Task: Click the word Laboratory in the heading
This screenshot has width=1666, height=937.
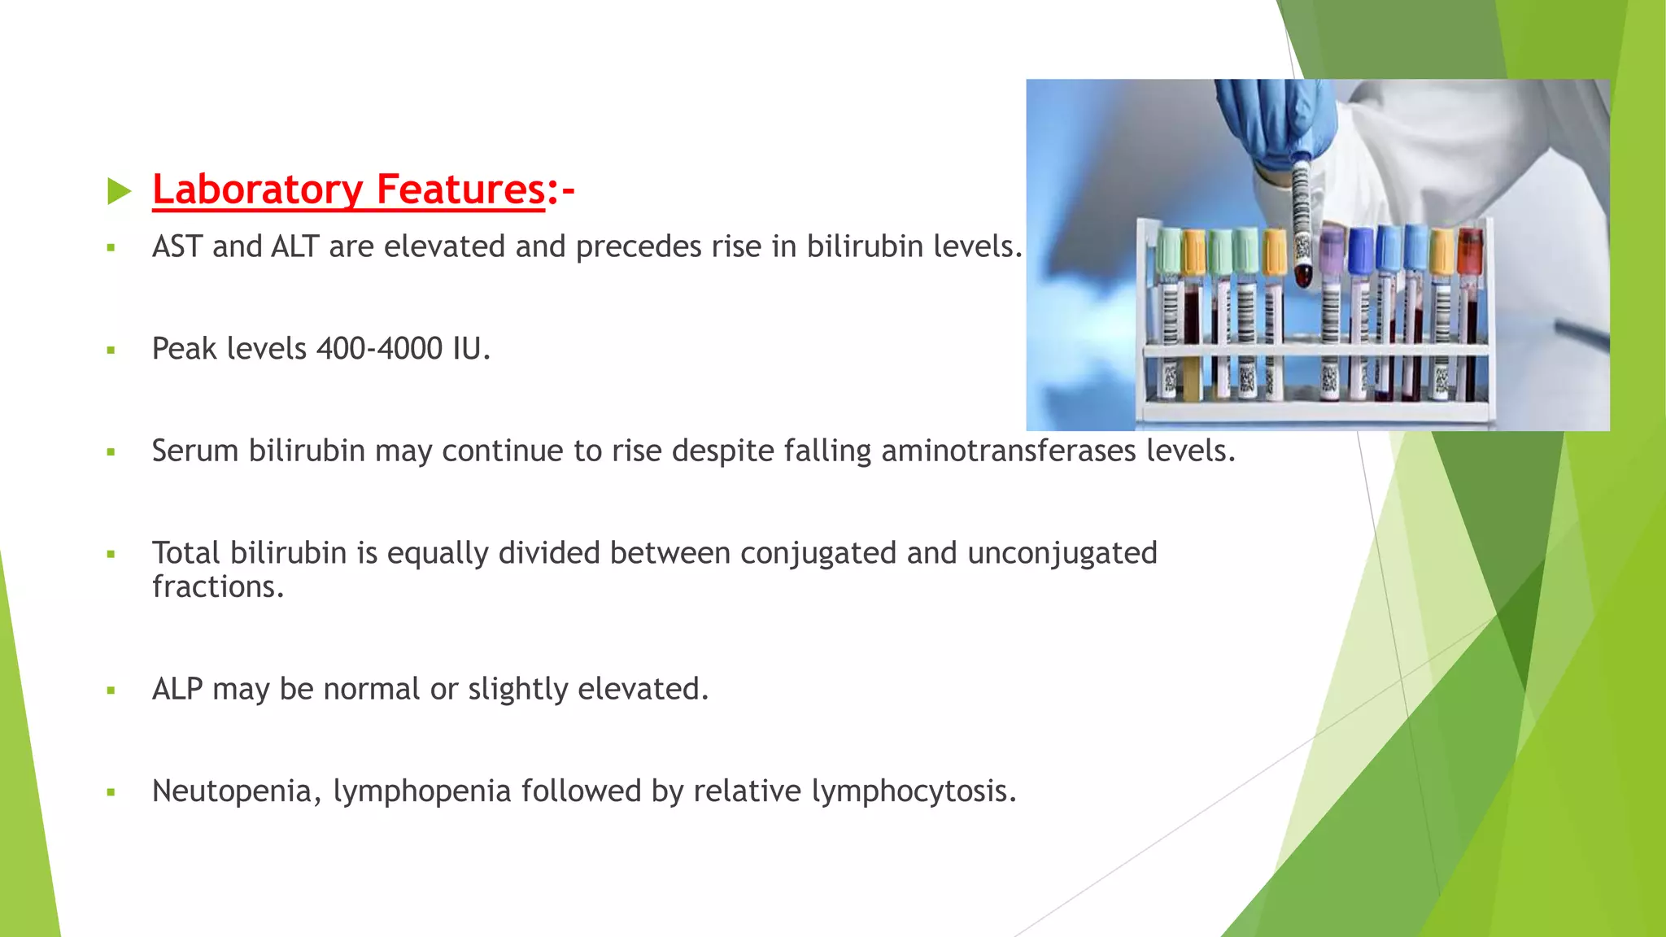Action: click(x=257, y=190)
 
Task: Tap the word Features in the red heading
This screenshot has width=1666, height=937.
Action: click(x=460, y=190)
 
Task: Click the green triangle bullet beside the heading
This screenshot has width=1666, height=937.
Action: click(x=119, y=192)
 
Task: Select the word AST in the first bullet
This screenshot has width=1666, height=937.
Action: click(x=177, y=246)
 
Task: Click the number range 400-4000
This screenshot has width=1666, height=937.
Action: click(x=379, y=349)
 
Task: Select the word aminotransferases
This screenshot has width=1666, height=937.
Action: click(x=1008, y=451)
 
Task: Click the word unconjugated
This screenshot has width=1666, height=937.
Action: click(x=1062, y=553)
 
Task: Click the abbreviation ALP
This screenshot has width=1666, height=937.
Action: click(x=177, y=689)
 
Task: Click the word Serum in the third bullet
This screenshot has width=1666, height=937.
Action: click(x=195, y=451)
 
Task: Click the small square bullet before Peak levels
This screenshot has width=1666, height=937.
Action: click(x=111, y=351)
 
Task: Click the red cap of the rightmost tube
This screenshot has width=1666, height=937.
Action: click(x=1470, y=248)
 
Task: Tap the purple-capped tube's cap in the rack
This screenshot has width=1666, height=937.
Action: click(x=1332, y=249)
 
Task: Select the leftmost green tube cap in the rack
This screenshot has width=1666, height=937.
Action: click(x=1170, y=249)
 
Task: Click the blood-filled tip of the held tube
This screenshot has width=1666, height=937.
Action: click(x=1303, y=275)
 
